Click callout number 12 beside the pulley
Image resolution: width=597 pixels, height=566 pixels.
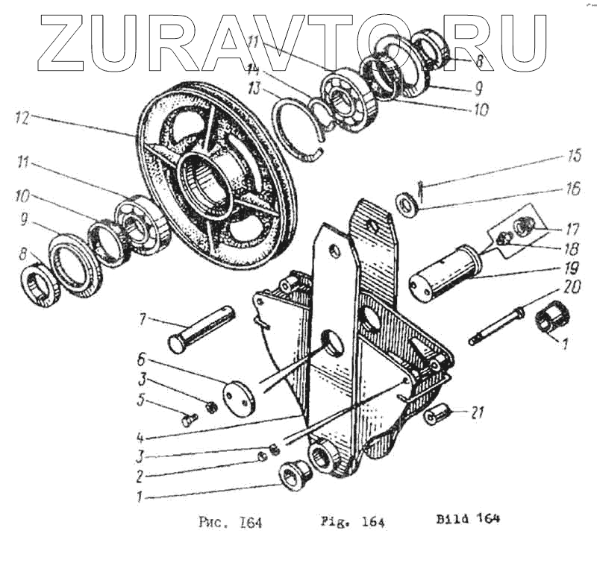click(x=22, y=116)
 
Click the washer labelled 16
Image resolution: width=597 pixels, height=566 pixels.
click(x=407, y=202)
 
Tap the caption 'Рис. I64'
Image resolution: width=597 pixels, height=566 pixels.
click(x=230, y=521)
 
